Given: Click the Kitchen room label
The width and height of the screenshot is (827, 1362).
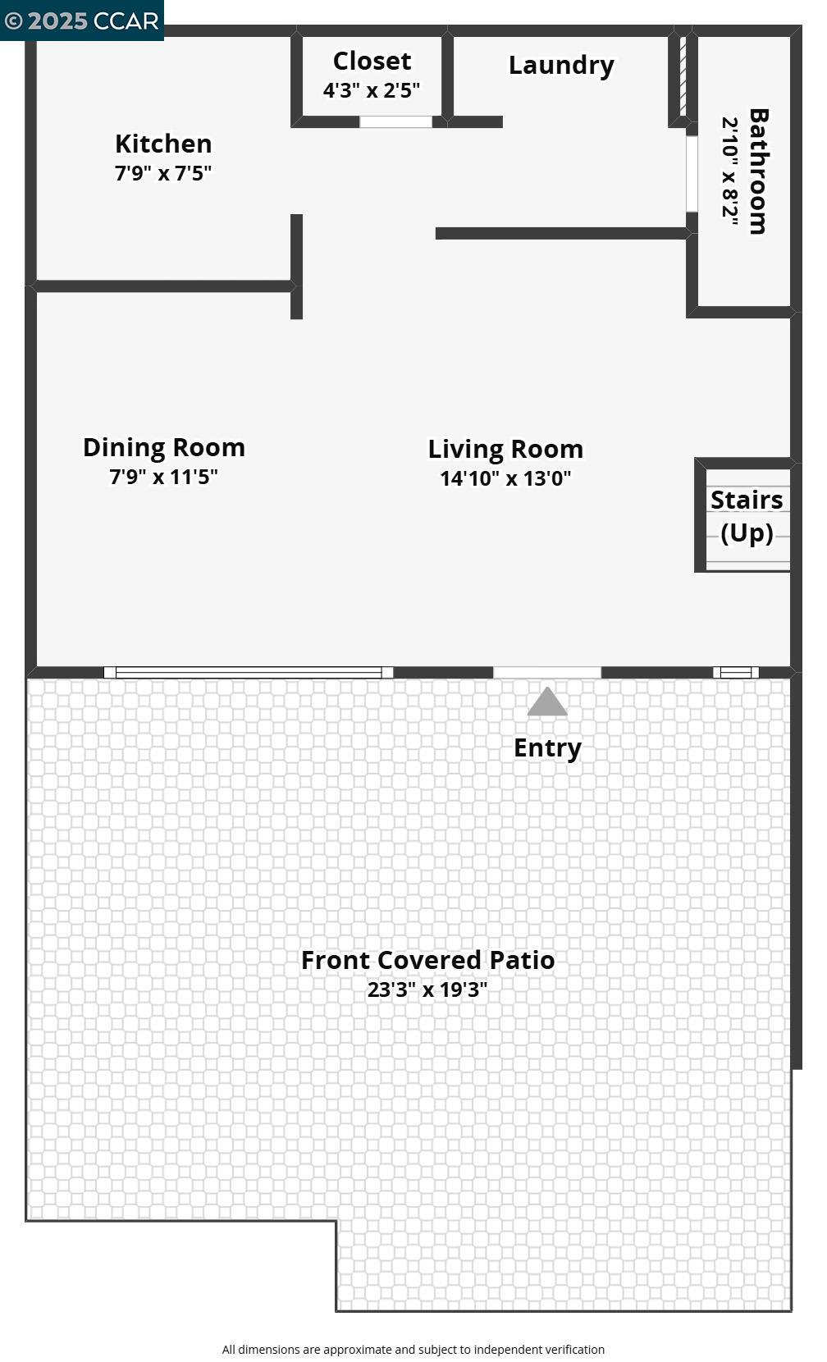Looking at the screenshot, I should [163, 144].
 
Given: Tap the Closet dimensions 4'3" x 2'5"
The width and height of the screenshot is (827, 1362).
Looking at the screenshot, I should [371, 90].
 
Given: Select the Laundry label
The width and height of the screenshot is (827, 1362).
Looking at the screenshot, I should [561, 66].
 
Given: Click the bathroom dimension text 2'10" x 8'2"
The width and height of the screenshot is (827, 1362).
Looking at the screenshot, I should [730, 171].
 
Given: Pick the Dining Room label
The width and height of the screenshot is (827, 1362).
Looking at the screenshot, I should [164, 447].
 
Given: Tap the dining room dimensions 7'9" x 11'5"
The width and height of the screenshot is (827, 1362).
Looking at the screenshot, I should [163, 477].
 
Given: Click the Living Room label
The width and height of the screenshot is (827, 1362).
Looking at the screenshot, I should [505, 449].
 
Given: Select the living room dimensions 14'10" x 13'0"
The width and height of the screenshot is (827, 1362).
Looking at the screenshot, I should [505, 478].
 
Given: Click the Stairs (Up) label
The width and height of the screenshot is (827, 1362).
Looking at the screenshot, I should [747, 516].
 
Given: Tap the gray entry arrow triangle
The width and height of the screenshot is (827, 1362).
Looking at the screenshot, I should [547, 703].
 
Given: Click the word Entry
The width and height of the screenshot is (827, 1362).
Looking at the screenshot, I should [547, 747].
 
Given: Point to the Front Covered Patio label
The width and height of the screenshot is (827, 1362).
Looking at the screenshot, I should [427, 960].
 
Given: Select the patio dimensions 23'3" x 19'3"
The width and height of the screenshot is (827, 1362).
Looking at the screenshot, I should [427, 990].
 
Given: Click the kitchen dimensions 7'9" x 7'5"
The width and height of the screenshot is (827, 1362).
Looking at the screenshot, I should [163, 173].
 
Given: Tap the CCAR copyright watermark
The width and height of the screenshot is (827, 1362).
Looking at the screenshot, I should [81, 21].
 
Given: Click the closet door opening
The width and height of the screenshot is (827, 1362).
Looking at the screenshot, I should [395, 122].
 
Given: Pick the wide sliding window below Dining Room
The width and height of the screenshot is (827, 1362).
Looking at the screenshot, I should [249, 673].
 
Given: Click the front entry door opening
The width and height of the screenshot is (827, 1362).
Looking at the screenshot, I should [547, 673].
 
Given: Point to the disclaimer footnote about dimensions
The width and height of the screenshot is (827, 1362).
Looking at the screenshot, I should [413, 1350].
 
